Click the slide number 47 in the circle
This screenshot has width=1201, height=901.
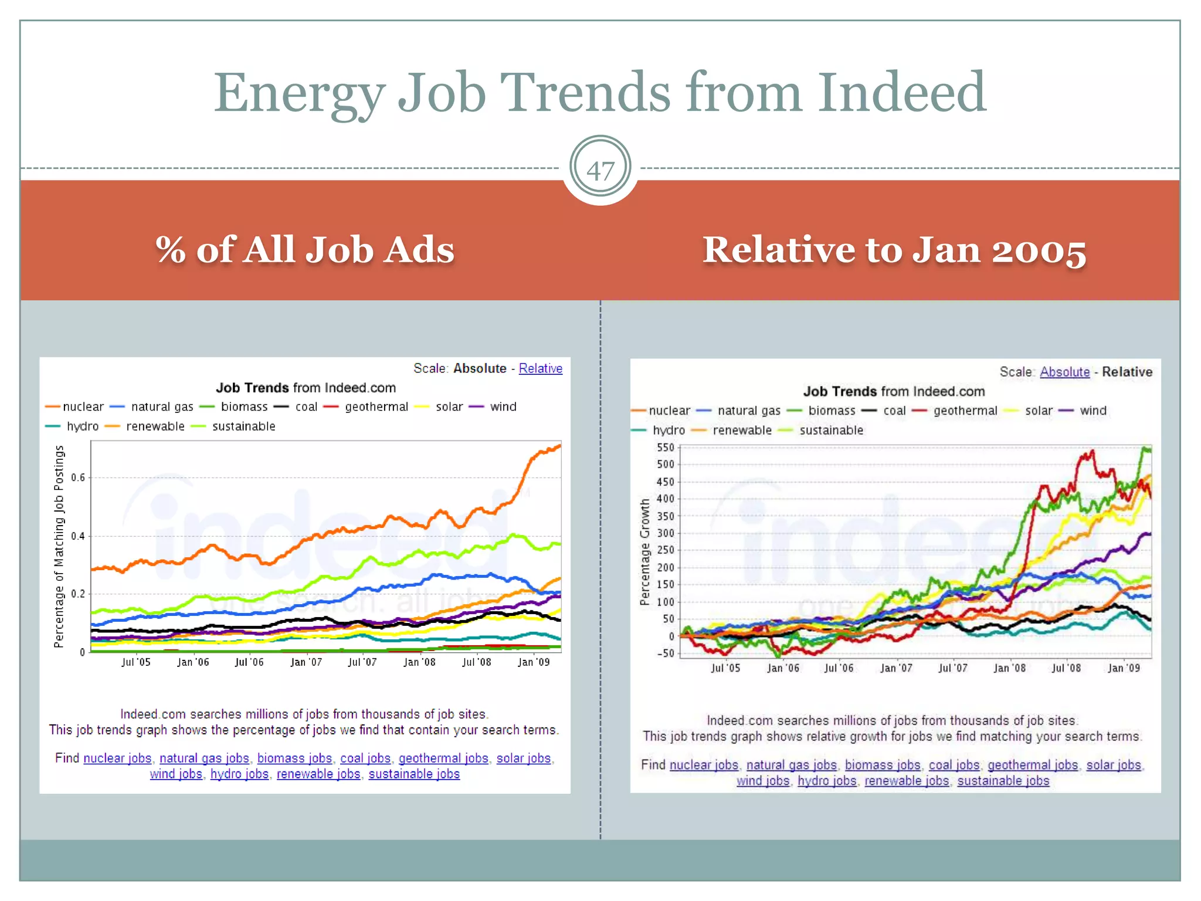point(600,171)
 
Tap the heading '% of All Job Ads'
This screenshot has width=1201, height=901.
point(305,250)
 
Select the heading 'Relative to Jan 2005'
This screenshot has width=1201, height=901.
point(894,250)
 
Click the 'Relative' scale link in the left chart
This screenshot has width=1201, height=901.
point(540,368)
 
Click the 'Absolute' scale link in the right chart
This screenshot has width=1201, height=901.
point(1064,372)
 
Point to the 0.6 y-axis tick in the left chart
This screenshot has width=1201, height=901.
point(78,477)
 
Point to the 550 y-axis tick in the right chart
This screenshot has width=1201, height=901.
point(666,448)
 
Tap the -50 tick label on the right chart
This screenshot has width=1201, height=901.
point(666,653)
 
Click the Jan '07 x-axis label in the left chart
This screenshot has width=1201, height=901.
point(306,662)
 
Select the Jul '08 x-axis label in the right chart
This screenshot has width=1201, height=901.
point(1066,668)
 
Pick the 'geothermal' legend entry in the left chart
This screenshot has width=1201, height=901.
point(376,407)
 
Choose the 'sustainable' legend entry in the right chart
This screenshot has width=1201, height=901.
point(831,431)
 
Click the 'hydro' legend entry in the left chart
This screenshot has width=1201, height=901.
point(82,426)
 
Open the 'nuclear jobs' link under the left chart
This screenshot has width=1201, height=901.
point(117,758)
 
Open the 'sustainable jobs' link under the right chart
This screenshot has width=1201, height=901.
point(1003,781)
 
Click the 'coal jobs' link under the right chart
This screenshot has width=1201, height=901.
point(954,765)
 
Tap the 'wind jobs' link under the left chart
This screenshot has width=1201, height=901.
point(176,774)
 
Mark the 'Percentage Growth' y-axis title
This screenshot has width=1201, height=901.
point(645,551)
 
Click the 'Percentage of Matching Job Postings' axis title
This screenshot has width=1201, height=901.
point(59,546)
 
